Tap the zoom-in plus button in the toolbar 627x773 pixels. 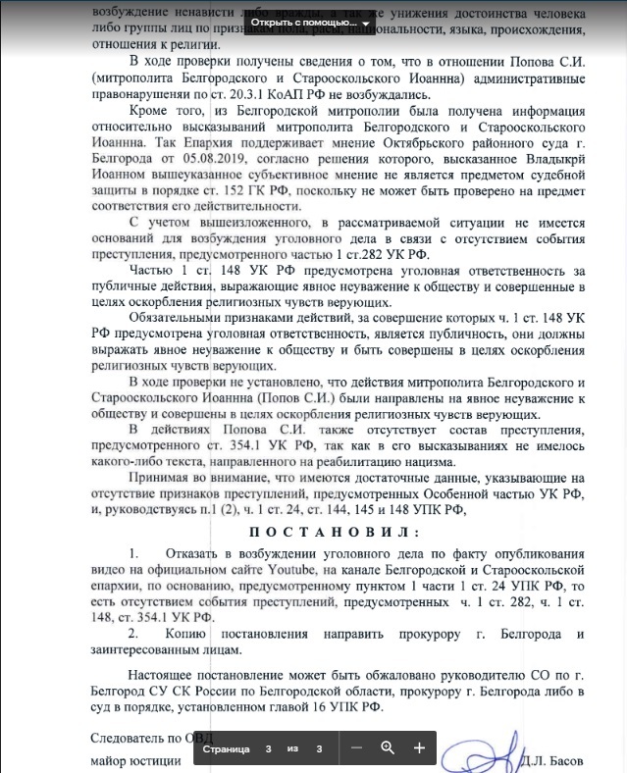pos(419,748)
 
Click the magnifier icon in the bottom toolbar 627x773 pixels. pos(388,748)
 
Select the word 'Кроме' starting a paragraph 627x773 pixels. pos(150,111)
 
